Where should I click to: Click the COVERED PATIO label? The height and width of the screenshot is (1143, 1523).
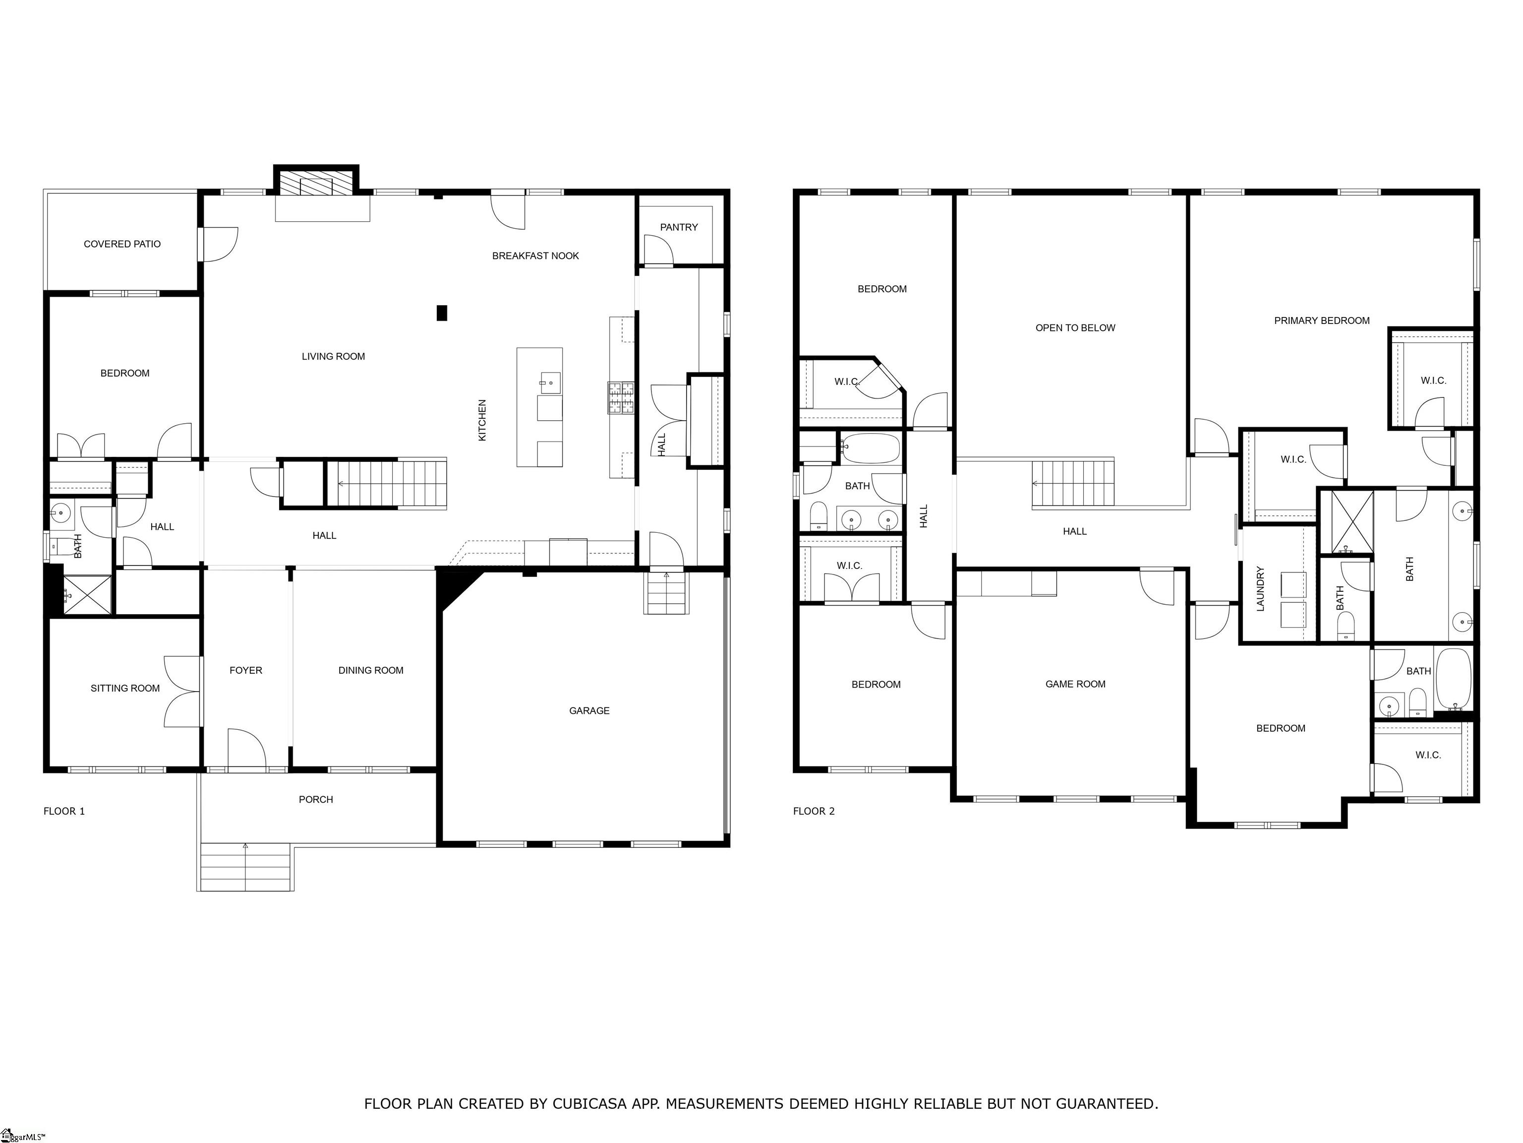122,244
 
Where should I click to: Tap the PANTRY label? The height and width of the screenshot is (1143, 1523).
679,227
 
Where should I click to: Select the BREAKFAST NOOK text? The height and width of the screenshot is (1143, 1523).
535,255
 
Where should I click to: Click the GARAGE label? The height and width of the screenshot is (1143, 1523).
589,710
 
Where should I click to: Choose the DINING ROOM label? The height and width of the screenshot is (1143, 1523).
371,670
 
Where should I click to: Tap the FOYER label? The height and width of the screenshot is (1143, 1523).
246,670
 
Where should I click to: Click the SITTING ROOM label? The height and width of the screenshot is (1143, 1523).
125,688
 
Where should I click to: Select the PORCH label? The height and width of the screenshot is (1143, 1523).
316,799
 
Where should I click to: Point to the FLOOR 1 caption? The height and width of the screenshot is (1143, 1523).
64,811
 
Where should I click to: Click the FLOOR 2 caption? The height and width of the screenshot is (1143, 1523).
814,811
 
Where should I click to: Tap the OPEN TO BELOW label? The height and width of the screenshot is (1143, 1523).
1075,328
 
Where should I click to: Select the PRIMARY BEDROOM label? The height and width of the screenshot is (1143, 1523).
1322,320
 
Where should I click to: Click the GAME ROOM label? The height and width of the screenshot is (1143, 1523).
1075,684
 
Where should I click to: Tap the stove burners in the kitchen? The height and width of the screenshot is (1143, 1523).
620,398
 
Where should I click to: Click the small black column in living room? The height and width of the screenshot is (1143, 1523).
442,313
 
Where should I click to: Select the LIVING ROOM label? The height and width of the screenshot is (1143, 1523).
333,356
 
